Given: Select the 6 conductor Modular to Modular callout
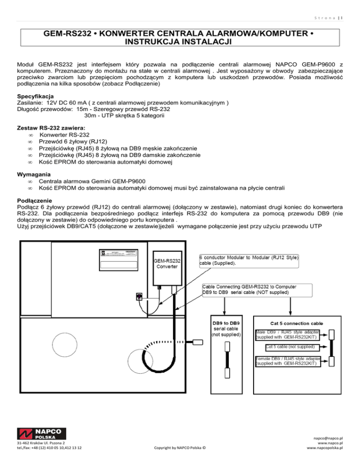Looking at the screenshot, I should tap(249, 260).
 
